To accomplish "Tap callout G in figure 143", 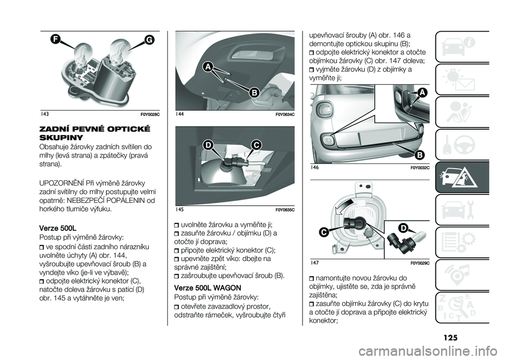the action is tap(150, 40).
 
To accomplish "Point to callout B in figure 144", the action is tap(254, 93).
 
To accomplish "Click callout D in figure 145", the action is tap(208, 145).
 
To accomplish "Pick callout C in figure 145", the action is tap(256, 145).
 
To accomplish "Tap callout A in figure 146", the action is tap(422, 93).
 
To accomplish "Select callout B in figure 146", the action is tap(419, 155).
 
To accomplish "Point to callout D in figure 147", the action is tap(404, 228).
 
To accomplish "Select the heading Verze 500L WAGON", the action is tap(207, 288).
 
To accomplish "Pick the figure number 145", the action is tap(180, 210).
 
